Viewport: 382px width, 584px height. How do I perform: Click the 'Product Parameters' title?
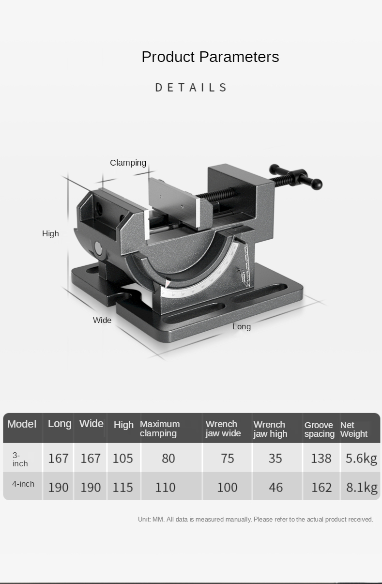tap(210, 57)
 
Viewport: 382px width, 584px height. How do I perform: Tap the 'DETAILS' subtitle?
tap(191, 87)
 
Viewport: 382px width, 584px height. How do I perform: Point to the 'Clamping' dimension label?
tap(128, 163)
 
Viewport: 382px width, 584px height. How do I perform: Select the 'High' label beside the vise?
tap(50, 233)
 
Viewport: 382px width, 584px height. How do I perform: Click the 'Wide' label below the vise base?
tap(102, 320)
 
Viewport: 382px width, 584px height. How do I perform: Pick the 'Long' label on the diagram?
tap(242, 327)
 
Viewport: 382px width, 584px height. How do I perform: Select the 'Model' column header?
tap(22, 424)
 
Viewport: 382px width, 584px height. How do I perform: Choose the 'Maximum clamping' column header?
tap(160, 429)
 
